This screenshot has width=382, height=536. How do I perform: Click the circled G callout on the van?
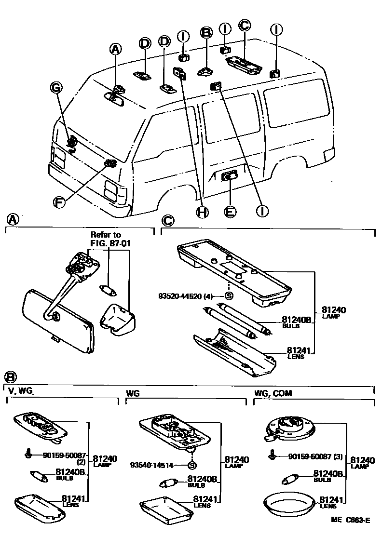pyautogui.click(x=56, y=87)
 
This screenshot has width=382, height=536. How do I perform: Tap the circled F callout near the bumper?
pyautogui.click(x=59, y=202)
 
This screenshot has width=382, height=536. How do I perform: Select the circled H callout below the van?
pyautogui.click(x=203, y=211)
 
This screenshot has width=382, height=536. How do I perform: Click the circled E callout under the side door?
pyautogui.click(x=231, y=211)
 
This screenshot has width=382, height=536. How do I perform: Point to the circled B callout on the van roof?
pyautogui.click(x=206, y=32)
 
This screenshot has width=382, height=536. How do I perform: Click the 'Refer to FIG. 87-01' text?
pyautogui.click(x=109, y=239)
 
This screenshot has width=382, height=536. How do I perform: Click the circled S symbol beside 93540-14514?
pyautogui.click(x=192, y=465)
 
